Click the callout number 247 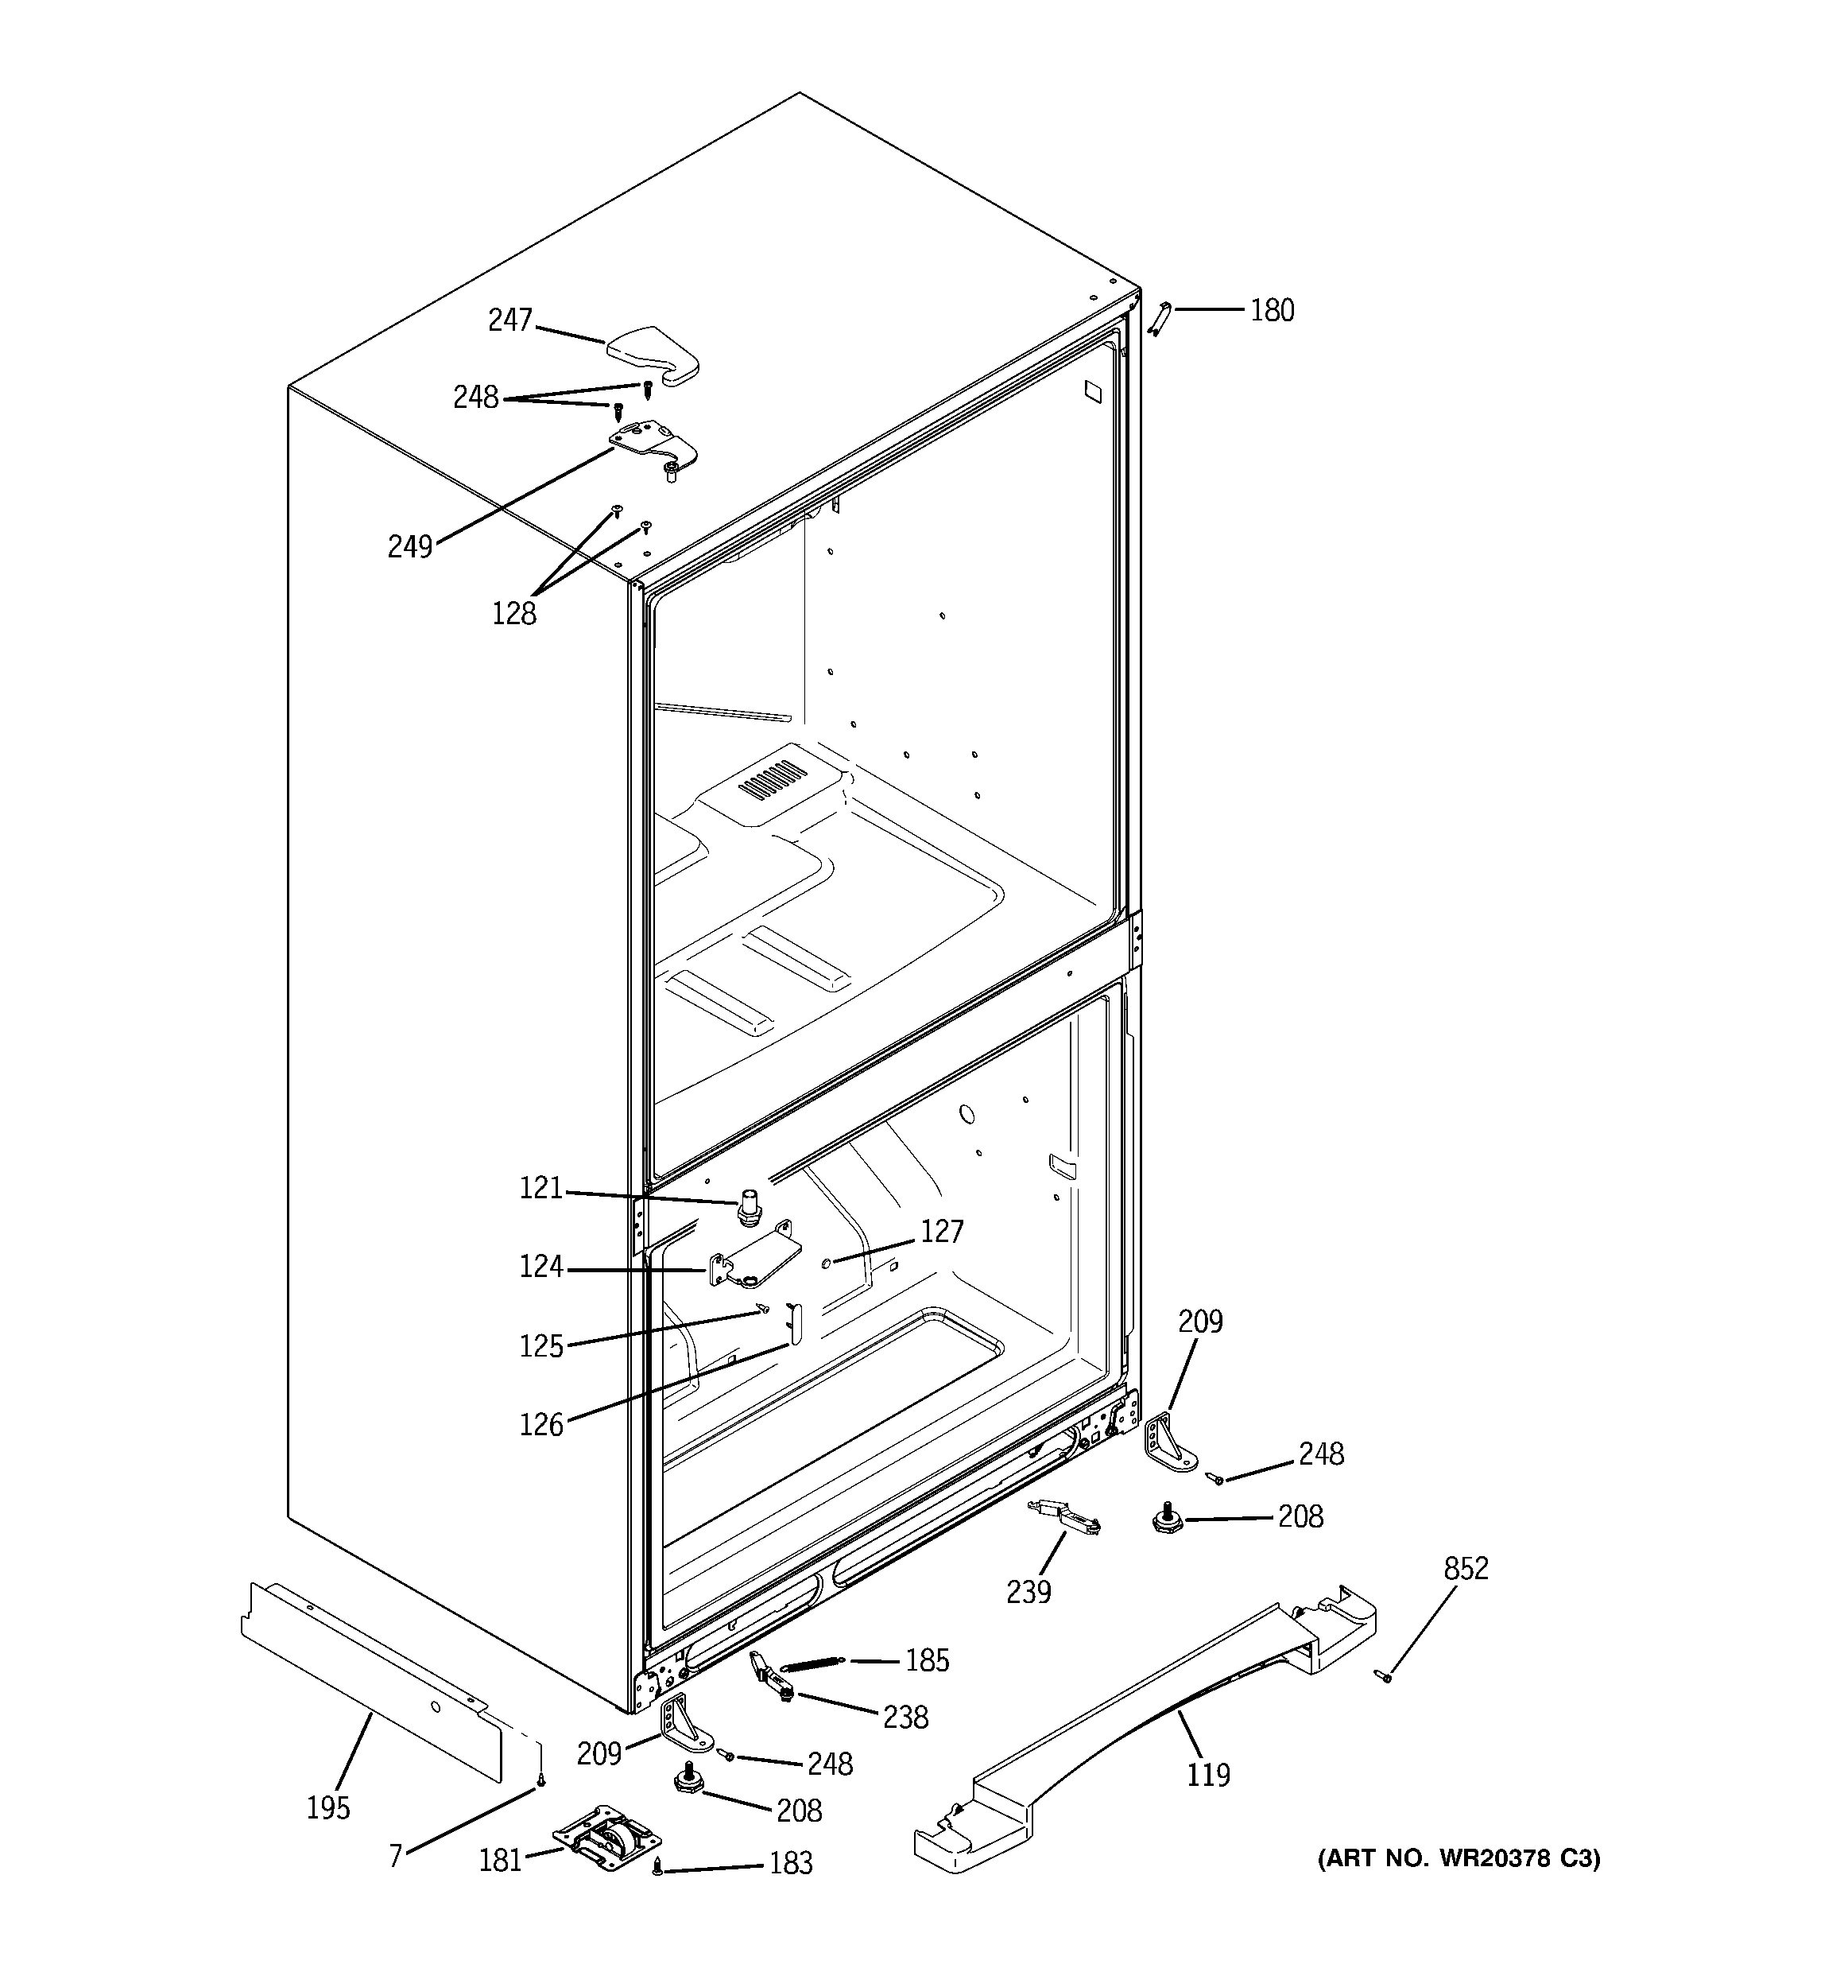(x=509, y=320)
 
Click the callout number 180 (x=1272, y=311)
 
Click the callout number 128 (x=513, y=614)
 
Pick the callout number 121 (x=540, y=1188)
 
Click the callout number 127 (x=941, y=1232)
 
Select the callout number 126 (x=540, y=1425)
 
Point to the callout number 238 (x=905, y=1717)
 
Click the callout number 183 (x=791, y=1863)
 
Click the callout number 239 (x=1029, y=1592)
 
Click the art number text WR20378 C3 (x=1457, y=1858)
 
